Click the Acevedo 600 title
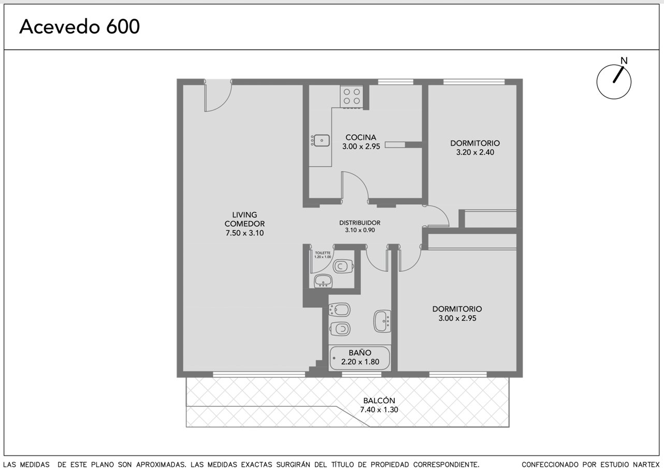(79, 27)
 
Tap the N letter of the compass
(624, 61)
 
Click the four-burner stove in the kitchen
(352, 96)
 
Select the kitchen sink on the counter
(320, 140)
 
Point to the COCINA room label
(361, 137)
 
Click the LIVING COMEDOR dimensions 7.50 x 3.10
(244, 233)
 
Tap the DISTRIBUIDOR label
(360, 223)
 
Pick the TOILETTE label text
(323, 253)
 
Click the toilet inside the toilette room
(343, 267)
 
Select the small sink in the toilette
(323, 281)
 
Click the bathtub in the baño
(360, 358)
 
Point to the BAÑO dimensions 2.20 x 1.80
(360, 362)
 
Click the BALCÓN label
(379, 401)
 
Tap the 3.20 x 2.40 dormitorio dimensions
(475, 152)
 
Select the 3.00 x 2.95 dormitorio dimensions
(457, 318)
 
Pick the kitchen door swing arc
(360, 179)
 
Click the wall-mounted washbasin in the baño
(382, 321)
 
